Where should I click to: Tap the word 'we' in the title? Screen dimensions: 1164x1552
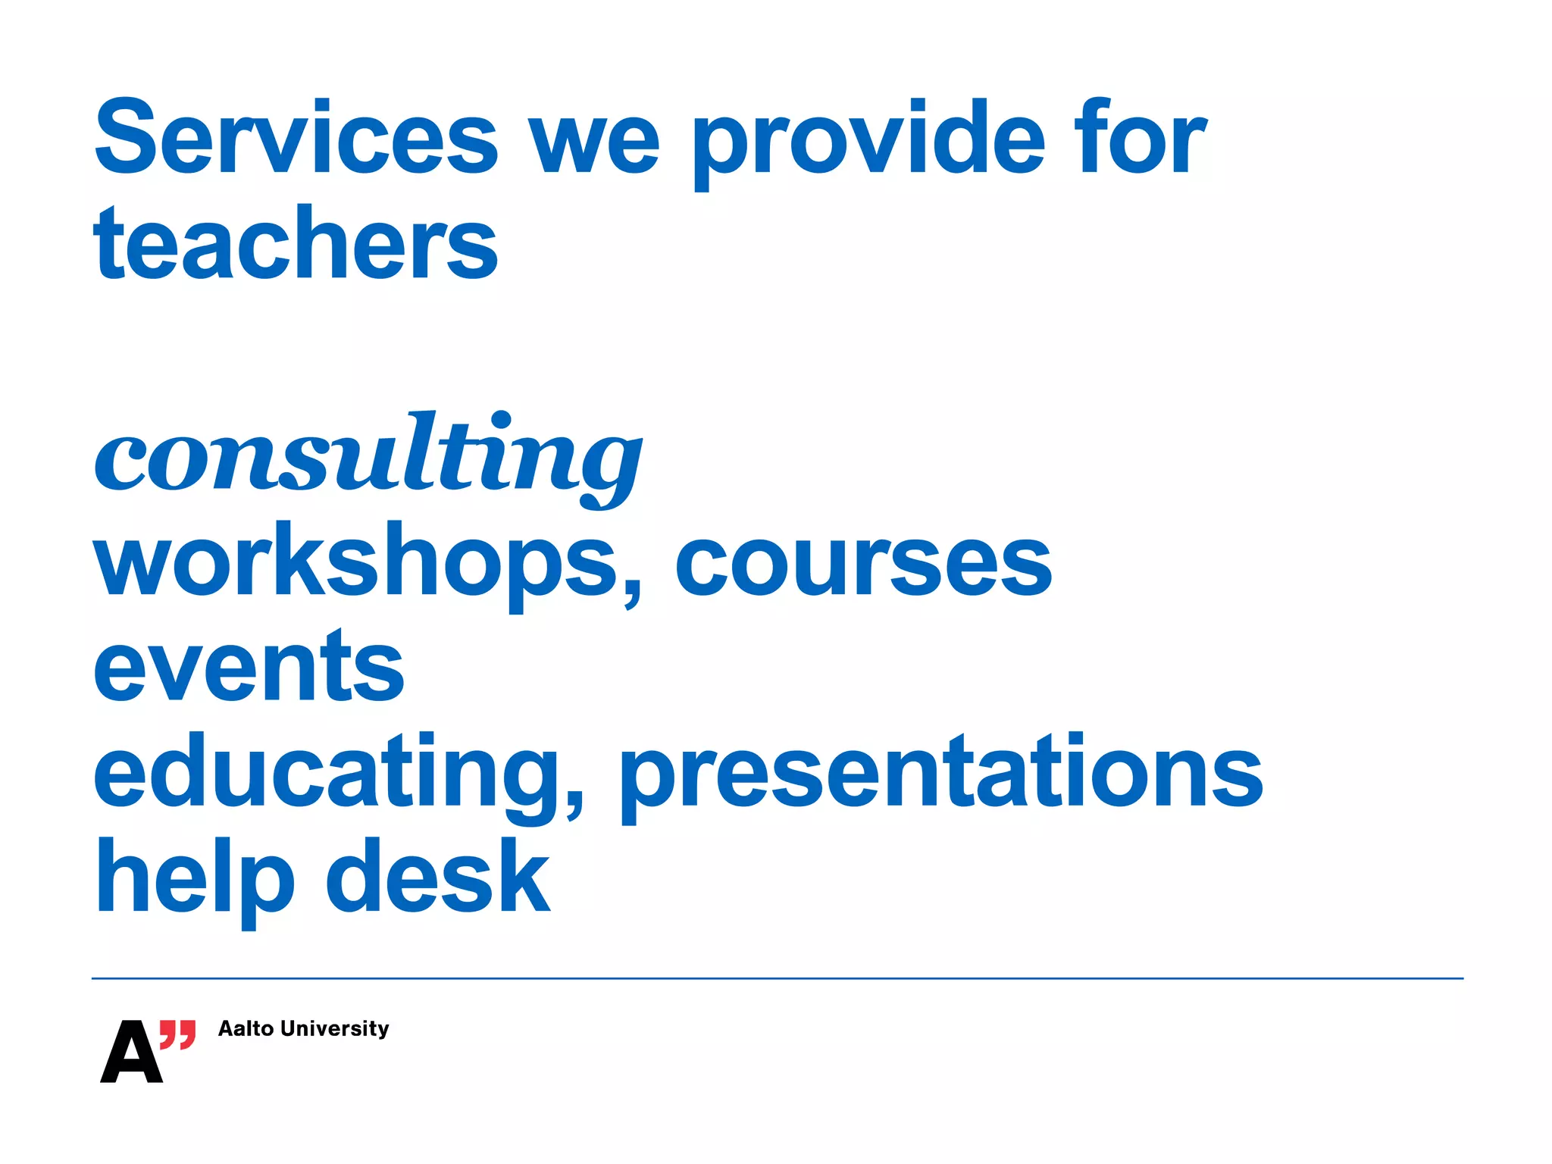[594, 144]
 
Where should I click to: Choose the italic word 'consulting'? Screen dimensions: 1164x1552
[368, 455]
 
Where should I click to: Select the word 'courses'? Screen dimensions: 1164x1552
[863, 565]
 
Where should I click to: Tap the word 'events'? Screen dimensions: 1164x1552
[249, 667]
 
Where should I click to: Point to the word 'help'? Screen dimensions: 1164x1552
[194, 879]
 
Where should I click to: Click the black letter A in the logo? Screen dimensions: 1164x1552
[131, 1053]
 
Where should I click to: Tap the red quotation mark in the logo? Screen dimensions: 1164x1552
[178, 1034]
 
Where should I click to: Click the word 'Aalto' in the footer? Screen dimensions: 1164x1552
[246, 1028]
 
